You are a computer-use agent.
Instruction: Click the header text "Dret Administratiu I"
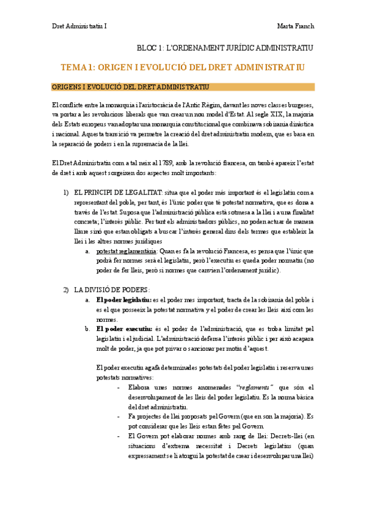click(x=79, y=26)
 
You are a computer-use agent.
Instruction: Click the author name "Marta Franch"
click(x=295, y=26)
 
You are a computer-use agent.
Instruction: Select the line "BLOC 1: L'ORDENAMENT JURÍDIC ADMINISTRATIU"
click(x=224, y=47)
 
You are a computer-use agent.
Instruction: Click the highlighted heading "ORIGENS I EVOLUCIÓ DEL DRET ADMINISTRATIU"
click(x=131, y=87)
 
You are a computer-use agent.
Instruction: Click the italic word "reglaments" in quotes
click(x=255, y=387)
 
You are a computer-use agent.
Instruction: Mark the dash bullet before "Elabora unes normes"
click(x=118, y=387)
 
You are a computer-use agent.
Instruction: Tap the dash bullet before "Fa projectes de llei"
click(x=118, y=416)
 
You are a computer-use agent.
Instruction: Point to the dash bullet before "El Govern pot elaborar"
click(x=118, y=436)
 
